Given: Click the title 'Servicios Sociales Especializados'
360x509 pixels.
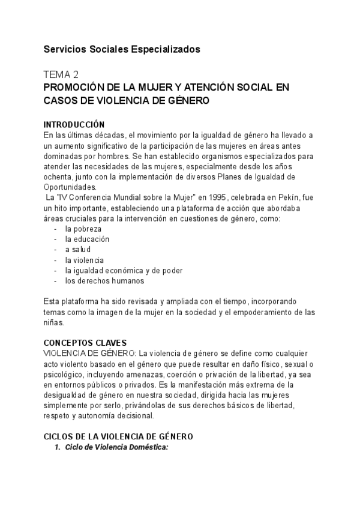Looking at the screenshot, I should click(x=122, y=49).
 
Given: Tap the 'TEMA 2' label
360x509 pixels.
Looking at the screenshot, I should click(x=61, y=75).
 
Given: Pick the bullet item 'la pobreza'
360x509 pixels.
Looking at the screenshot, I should click(x=83, y=229).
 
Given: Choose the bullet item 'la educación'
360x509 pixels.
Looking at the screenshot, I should click(x=88, y=239).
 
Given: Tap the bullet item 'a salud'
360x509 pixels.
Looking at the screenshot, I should click(x=79, y=249).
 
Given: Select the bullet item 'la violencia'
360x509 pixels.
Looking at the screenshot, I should click(x=85, y=259).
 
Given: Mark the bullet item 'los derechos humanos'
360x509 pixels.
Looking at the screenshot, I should click(x=104, y=280).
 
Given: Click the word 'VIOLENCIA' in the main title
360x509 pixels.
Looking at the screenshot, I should click(x=110, y=101).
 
